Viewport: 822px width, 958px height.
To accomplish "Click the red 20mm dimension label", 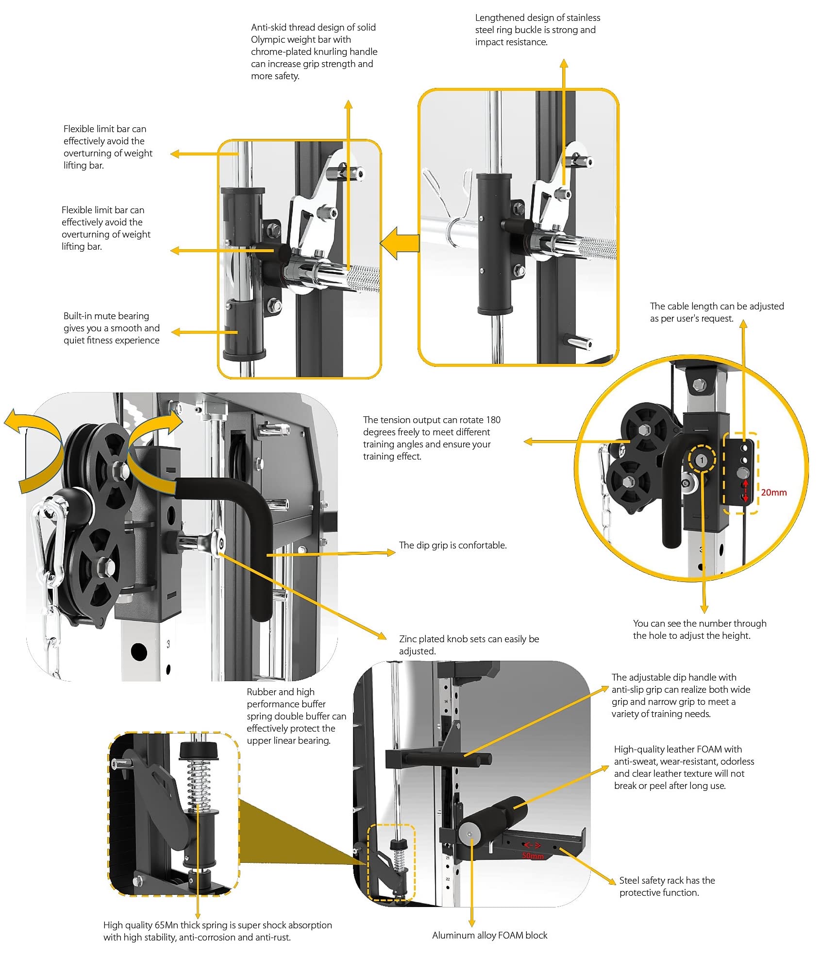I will pyautogui.click(x=773, y=492).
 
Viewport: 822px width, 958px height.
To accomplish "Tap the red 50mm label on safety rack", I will pyautogui.click(x=533, y=855).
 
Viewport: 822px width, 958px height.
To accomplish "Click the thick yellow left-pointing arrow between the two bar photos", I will pyautogui.click(x=400, y=242).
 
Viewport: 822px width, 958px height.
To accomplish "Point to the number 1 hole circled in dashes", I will pyautogui.click(x=701, y=460).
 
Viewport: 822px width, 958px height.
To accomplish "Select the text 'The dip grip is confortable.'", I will pyautogui.click(x=453, y=545).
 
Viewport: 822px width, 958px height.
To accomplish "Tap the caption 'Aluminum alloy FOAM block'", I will pyautogui.click(x=489, y=935).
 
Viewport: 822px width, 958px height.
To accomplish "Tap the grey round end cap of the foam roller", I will pyautogui.click(x=469, y=834).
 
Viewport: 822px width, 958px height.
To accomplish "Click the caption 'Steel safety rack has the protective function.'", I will pyautogui.click(x=666, y=886).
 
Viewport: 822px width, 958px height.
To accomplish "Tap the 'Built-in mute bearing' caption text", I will pyautogui.click(x=111, y=328).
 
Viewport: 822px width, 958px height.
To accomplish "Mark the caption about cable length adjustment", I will pyautogui.click(x=717, y=312).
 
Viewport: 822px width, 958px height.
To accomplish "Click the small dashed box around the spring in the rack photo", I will pyautogui.click(x=391, y=862).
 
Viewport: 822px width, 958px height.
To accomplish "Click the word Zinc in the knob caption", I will pyautogui.click(x=407, y=639).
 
